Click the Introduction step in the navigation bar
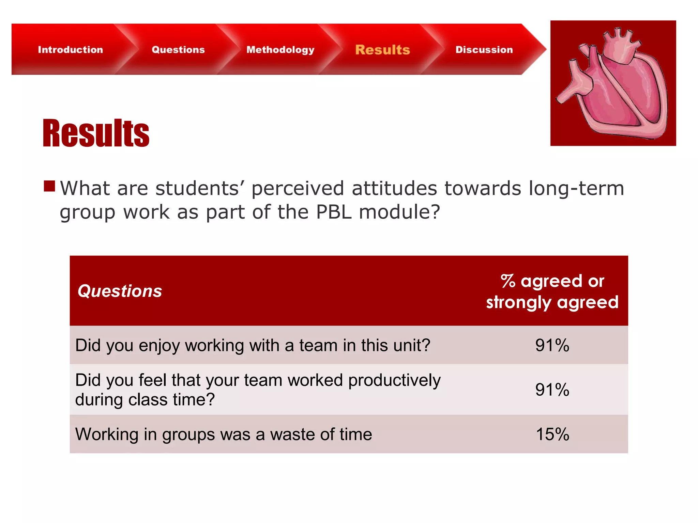pos(70,50)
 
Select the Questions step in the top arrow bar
pos(178,50)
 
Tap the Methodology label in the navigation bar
pos(280,50)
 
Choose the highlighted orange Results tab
pos(382,50)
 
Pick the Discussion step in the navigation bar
pos(484,50)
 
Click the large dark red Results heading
pos(96,133)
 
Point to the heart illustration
pos(613,83)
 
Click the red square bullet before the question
pos(49,186)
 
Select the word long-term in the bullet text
pos(576,188)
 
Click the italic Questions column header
pos(120,291)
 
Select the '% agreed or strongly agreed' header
pos(552,291)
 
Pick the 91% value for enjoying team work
pos(552,345)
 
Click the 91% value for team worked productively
pos(552,390)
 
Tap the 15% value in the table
pos(552,434)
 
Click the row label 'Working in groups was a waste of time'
pos(224,434)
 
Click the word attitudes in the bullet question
pos(394,188)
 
